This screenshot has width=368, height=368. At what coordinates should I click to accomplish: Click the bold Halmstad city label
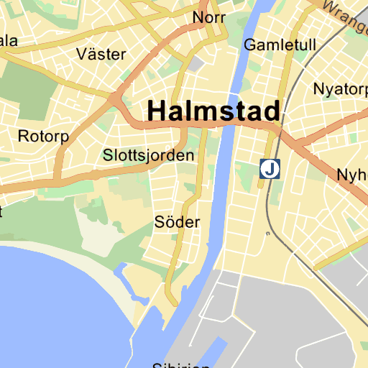tap(213, 111)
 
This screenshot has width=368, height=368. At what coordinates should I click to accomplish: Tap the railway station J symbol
tap(270, 170)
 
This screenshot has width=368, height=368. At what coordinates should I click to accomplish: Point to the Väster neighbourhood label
tap(101, 54)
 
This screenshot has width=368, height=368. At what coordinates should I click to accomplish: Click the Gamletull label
tap(280, 45)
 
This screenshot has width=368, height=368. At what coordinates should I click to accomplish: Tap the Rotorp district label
tap(42, 136)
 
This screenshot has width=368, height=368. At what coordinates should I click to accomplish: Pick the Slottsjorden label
tap(149, 155)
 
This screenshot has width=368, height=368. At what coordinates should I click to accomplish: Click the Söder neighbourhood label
tap(177, 222)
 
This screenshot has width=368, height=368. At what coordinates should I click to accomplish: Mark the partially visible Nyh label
tap(352, 175)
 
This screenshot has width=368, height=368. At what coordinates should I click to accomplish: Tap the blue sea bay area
tap(50, 309)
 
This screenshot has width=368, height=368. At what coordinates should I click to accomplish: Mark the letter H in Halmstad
tap(157, 111)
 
